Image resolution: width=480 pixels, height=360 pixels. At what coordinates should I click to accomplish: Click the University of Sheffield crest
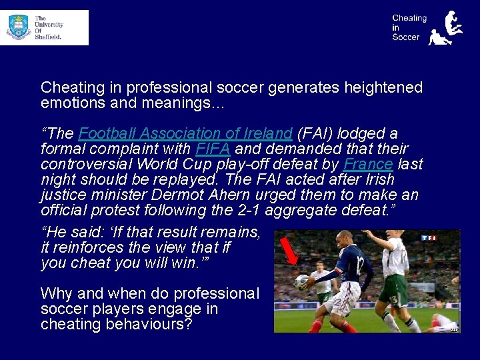pyautogui.click(x=19, y=27)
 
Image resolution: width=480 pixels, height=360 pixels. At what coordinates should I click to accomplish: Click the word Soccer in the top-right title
pyautogui.click(x=406, y=37)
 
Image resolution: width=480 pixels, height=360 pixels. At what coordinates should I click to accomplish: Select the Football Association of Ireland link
pyautogui.click(x=185, y=134)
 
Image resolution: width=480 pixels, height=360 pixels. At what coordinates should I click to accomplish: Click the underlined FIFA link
pyautogui.click(x=211, y=149)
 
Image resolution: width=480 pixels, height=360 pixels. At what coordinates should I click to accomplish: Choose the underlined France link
pyautogui.click(x=368, y=165)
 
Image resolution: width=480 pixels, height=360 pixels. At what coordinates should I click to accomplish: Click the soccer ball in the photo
pyautogui.click(x=303, y=281)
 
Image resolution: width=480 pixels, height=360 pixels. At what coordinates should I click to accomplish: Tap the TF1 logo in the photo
pyautogui.click(x=429, y=237)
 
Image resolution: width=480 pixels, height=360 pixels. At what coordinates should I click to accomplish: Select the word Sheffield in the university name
pyautogui.click(x=48, y=37)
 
